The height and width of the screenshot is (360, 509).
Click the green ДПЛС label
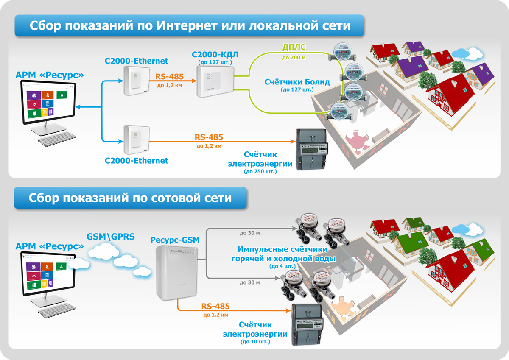point(294,46)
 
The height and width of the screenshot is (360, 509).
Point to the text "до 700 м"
point(294,57)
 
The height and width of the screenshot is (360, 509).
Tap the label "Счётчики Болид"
point(297,82)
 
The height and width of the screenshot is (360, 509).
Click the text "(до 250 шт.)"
point(260,171)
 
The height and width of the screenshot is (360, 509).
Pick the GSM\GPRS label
point(111,236)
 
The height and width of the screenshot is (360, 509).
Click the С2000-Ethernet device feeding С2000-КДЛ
point(135,81)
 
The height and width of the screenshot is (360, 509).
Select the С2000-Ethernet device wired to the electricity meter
point(135,140)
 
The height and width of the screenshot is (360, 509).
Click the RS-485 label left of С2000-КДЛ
point(169,77)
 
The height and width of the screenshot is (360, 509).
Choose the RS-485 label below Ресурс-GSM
point(215,306)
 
